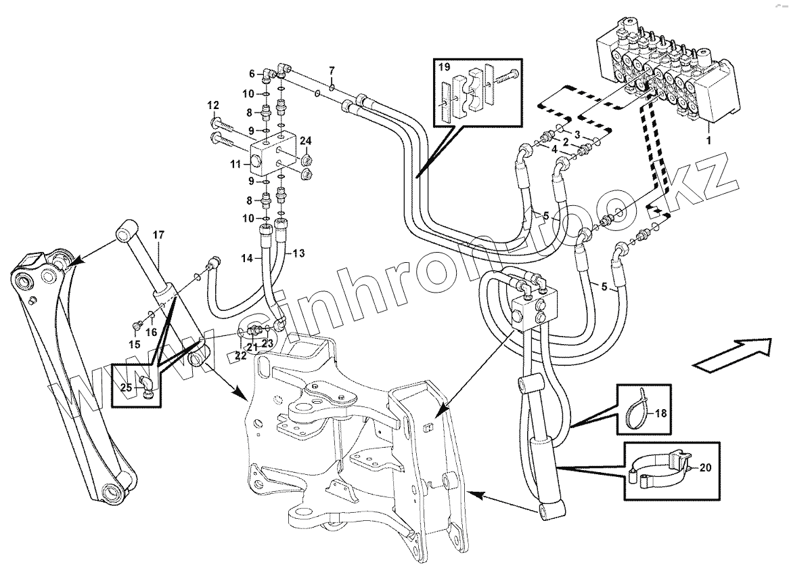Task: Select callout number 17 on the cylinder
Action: pos(158,235)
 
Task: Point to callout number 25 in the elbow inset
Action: pos(127,387)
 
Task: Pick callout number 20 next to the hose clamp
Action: pos(704,467)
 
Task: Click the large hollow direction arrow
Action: pos(734,355)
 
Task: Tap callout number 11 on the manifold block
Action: pos(235,164)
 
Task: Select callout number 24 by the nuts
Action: pos(306,141)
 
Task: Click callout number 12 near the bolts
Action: pos(214,106)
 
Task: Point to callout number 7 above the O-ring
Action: pos(332,70)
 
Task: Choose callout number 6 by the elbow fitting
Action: pos(252,73)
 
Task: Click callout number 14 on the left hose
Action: pos(248,258)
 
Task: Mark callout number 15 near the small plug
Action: pos(135,345)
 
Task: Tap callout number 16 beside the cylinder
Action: pos(152,333)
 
